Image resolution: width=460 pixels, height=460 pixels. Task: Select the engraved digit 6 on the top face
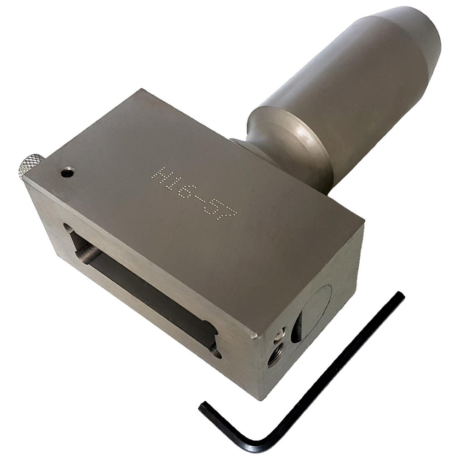[187, 191]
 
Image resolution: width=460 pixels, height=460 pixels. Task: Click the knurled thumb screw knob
[30, 164]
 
